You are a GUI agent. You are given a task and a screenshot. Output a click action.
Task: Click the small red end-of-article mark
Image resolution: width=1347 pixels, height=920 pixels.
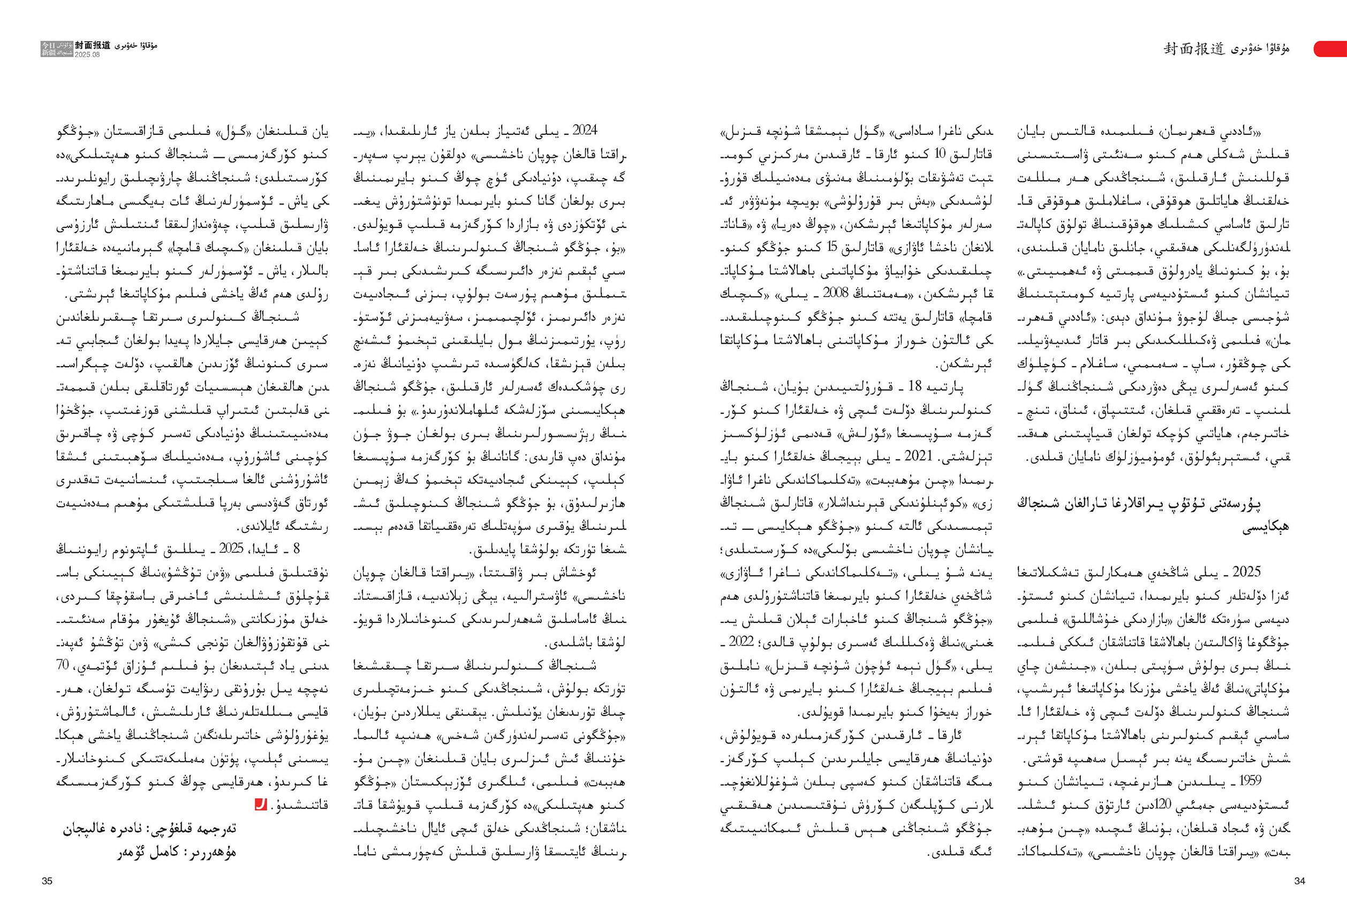(261, 805)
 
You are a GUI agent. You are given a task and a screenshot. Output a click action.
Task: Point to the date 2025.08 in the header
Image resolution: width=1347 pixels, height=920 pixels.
(87, 55)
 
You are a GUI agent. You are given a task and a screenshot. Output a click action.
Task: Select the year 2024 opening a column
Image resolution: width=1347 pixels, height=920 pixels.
(585, 131)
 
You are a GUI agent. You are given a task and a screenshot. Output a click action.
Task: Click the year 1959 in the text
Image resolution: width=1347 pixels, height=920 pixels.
(1250, 780)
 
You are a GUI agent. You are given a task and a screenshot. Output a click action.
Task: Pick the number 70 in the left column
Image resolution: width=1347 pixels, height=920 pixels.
(63, 665)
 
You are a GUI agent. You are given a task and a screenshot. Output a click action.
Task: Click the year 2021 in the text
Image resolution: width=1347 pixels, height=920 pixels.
(917, 456)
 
